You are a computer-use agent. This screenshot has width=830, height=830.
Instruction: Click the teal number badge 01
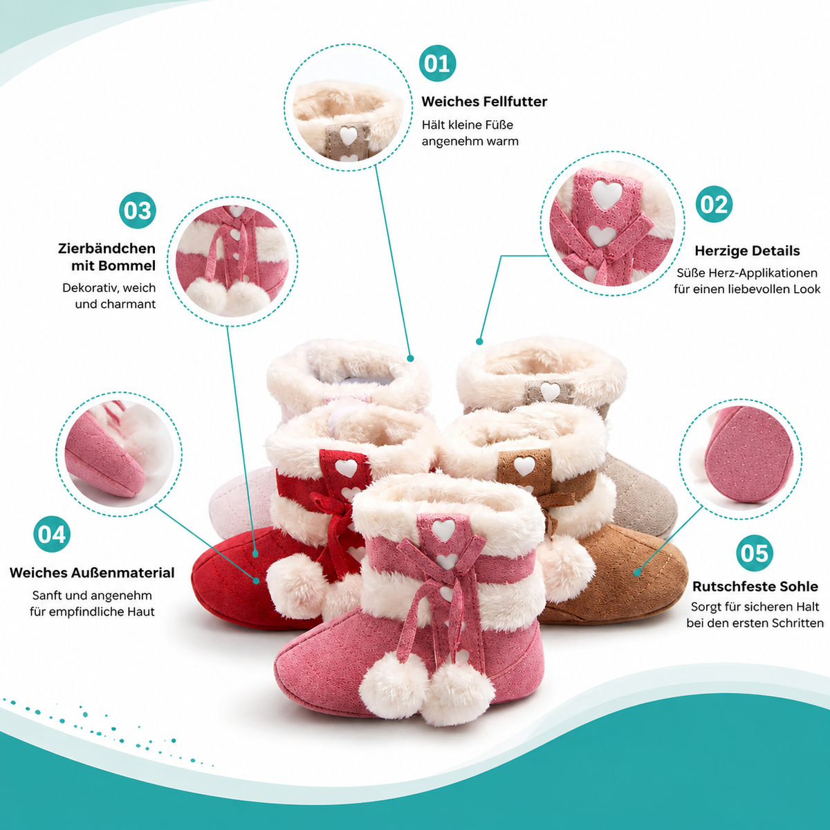[437, 64]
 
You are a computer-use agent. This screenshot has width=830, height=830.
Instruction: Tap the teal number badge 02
[714, 204]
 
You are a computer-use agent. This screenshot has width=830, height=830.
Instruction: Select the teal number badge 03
[138, 210]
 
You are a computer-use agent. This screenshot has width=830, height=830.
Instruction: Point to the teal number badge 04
[52, 534]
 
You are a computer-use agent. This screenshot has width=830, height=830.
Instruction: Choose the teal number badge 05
[755, 553]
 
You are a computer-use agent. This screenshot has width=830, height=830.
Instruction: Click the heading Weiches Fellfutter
[484, 102]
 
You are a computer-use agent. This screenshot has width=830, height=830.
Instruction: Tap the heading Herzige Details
[747, 250]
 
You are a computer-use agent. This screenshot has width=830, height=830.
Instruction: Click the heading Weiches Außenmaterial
[92, 573]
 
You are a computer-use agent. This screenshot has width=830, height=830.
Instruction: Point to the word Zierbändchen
[107, 248]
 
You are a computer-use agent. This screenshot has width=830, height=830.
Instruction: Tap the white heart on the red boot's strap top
[347, 468]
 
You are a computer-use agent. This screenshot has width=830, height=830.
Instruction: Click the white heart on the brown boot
[524, 465]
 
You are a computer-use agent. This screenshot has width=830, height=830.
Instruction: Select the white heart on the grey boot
[550, 391]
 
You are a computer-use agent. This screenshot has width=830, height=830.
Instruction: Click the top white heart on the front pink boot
[443, 530]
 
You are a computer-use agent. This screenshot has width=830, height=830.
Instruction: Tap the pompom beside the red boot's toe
[296, 580]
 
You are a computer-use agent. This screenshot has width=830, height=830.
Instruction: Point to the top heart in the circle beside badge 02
[607, 194]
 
